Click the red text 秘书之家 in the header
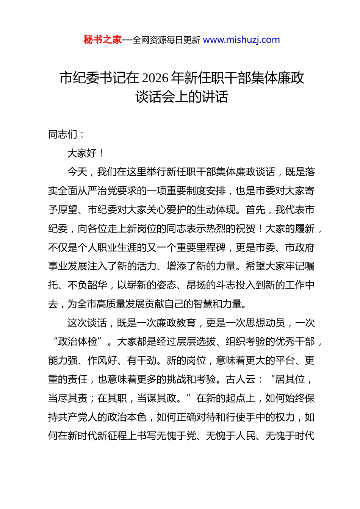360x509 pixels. tap(103, 40)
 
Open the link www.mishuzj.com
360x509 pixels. tap(241, 40)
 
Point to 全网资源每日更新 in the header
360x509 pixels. tap(166, 40)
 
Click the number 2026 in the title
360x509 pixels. tap(156, 78)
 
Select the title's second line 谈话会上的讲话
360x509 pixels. tap(182, 97)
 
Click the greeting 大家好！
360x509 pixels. tap(85, 153)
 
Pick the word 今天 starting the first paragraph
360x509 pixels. tap(77, 172)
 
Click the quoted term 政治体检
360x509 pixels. tap(78, 342)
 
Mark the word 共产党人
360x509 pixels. tap(78, 417)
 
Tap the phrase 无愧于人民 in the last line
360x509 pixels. tap(231, 436)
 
